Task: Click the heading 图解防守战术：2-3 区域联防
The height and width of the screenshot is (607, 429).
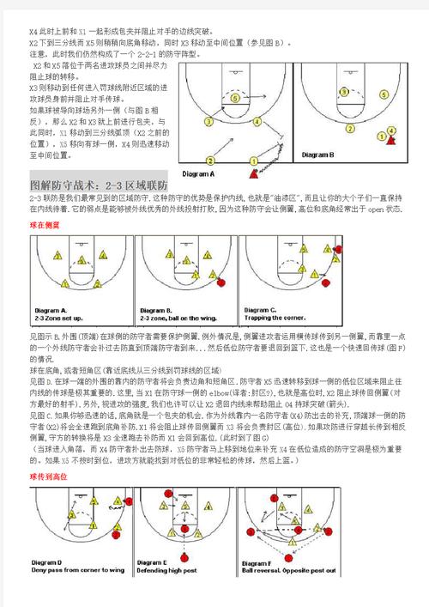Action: click(x=99, y=185)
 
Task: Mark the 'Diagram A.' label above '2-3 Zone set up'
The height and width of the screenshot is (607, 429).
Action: click(x=51, y=310)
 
